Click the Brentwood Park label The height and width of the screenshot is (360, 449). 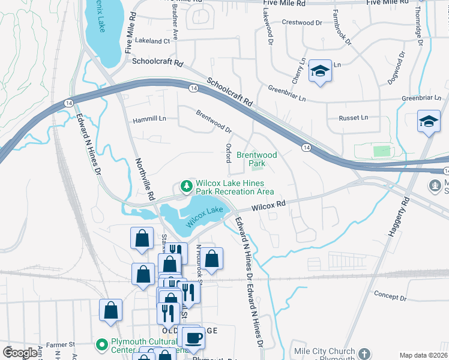point(256,159)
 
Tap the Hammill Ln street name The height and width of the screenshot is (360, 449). point(149,120)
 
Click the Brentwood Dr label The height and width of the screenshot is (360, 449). point(214,121)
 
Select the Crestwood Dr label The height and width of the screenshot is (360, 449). point(306,23)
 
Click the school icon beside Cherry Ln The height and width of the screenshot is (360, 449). point(320,73)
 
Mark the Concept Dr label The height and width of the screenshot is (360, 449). point(391,295)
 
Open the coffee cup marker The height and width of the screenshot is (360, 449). point(194,338)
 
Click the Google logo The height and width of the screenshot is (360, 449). point(20,353)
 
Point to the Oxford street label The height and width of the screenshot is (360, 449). point(228,153)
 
